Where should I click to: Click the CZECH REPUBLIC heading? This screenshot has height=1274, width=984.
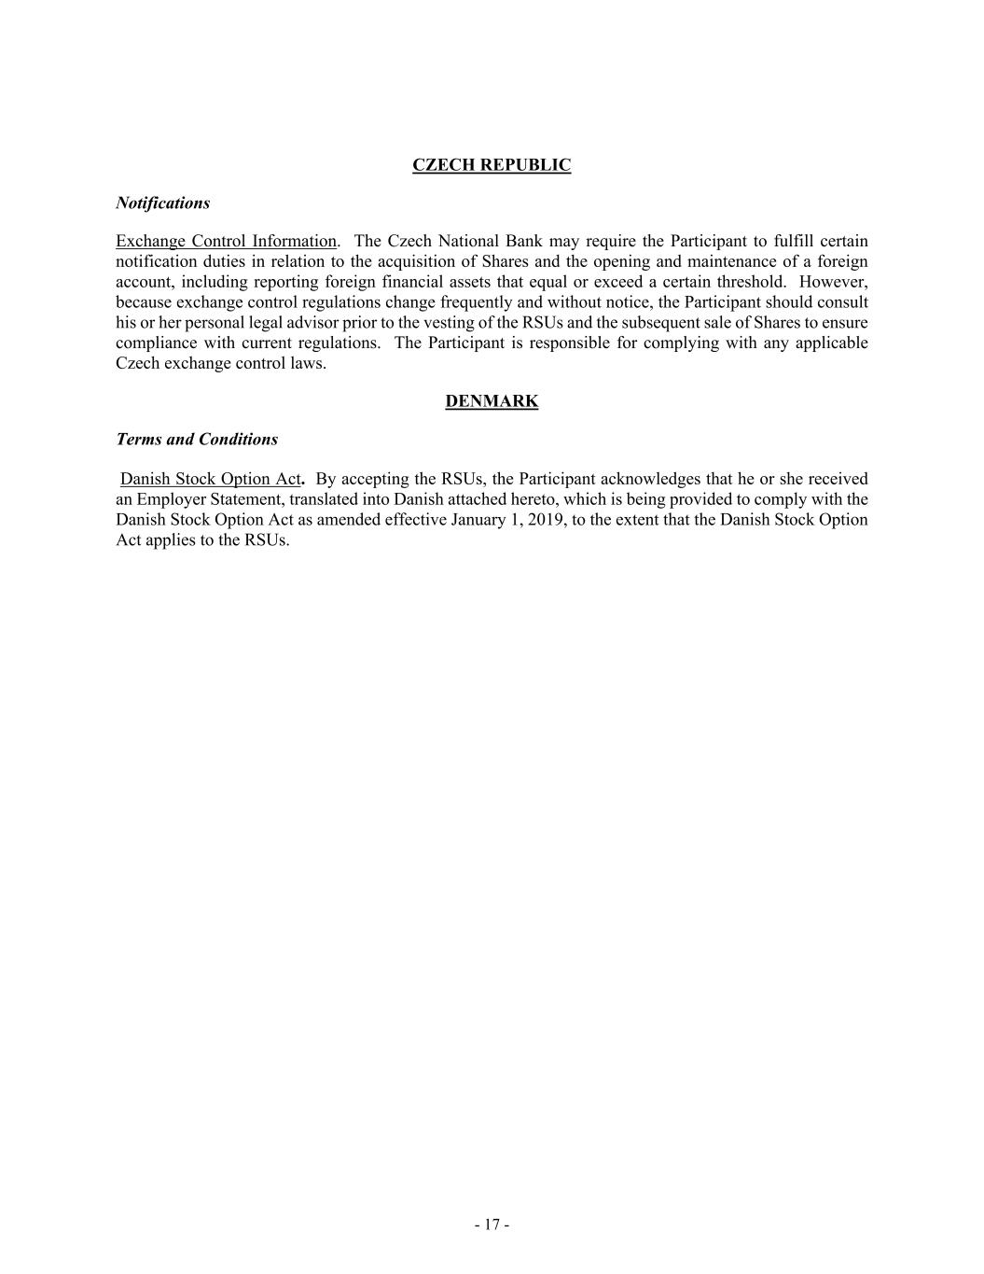(x=492, y=165)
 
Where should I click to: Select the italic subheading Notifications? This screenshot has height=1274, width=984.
(x=162, y=203)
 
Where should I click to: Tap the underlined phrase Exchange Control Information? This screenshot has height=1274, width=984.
(x=226, y=242)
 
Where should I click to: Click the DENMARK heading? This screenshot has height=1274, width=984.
(x=492, y=401)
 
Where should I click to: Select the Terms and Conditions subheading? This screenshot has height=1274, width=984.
(x=197, y=439)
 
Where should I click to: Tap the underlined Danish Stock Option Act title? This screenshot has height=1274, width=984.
(x=210, y=479)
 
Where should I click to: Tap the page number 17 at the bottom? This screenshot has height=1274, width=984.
(x=492, y=1225)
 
